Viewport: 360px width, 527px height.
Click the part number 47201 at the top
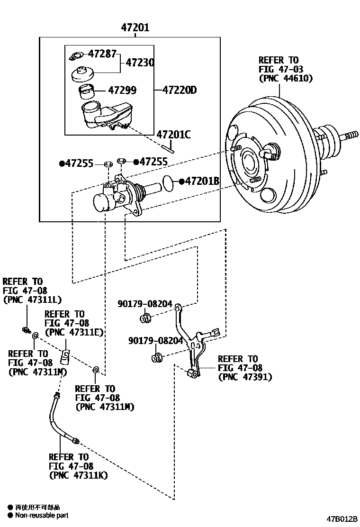tap(135, 27)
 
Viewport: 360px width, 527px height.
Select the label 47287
tap(102, 54)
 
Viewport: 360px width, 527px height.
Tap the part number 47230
tap(140, 63)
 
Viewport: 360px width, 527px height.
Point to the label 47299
tap(122, 90)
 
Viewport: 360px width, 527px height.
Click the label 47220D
tap(180, 90)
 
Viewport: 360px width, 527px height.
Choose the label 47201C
tap(174, 135)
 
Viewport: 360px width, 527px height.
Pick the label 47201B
tap(203, 181)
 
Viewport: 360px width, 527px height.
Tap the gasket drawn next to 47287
tap(77, 55)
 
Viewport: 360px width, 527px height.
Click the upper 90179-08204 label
tap(145, 304)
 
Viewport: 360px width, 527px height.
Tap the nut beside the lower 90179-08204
tap(156, 357)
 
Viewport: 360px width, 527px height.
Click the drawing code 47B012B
tap(342, 519)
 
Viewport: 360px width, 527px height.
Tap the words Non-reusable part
tap(42, 515)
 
